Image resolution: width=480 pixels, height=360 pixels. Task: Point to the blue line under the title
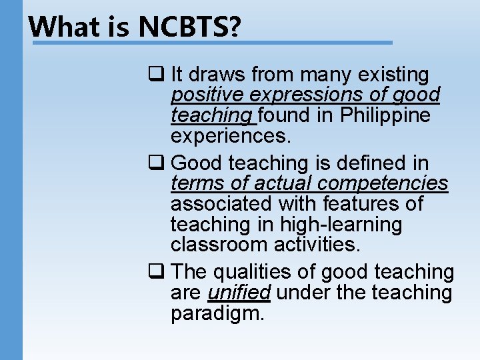(x=213, y=43)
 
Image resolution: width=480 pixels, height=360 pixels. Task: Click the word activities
(x=317, y=245)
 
